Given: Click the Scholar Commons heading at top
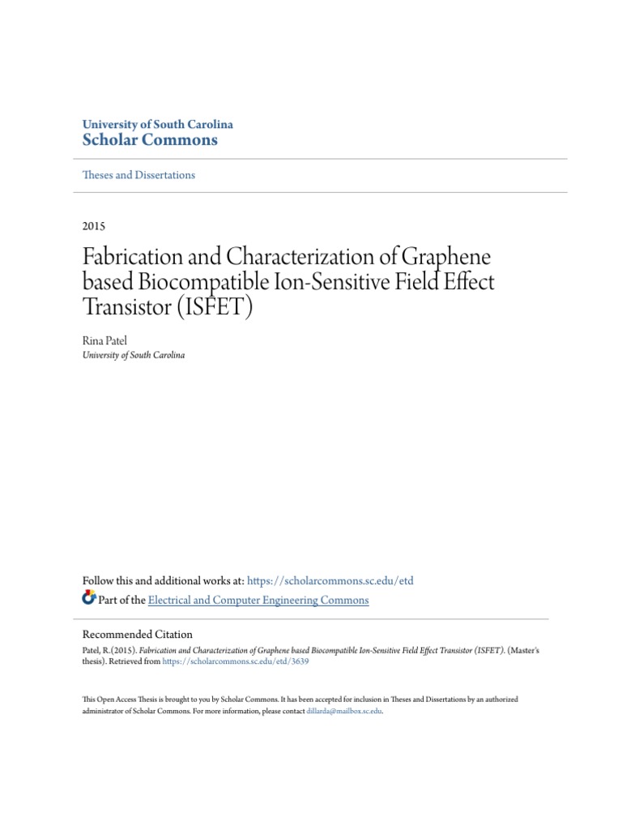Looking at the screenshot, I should click(x=151, y=139).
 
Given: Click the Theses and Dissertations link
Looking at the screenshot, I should click(x=139, y=175).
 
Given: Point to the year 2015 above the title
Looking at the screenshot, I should click(x=94, y=226).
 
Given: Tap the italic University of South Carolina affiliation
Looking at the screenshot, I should click(x=134, y=355).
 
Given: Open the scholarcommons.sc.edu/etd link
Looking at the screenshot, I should click(x=330, y=580).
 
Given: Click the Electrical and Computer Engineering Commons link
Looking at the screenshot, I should click(x=258, y=601).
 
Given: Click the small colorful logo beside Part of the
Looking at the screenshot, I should click(x=89, y=599).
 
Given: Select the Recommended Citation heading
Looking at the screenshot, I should click(x=138, y=635).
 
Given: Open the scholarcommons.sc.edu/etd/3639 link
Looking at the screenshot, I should click(x=236, y=661).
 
